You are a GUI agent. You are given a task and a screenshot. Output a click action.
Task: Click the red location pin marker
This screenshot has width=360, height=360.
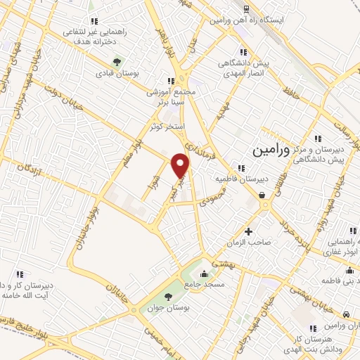(181, 165)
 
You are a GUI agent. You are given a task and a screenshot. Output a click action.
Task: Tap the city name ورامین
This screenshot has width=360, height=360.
(268, 150)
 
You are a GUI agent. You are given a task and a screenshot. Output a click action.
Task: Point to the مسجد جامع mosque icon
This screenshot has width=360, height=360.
(204, 274)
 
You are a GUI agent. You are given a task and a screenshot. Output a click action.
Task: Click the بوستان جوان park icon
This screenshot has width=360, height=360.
(167, 296)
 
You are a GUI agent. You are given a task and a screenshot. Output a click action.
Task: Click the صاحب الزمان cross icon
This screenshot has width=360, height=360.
(247, 231)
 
